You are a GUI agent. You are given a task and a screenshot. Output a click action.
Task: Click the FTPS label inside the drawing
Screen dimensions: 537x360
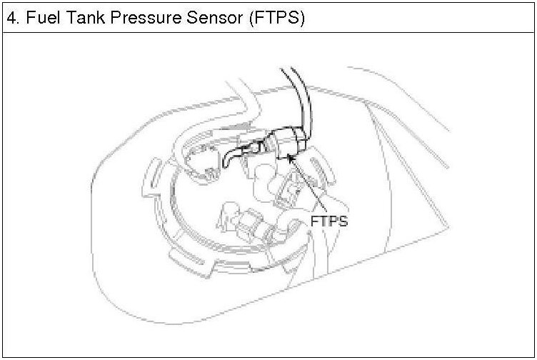coord(328,221)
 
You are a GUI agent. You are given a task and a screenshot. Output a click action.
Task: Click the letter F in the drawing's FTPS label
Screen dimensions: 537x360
coord(314,221)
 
